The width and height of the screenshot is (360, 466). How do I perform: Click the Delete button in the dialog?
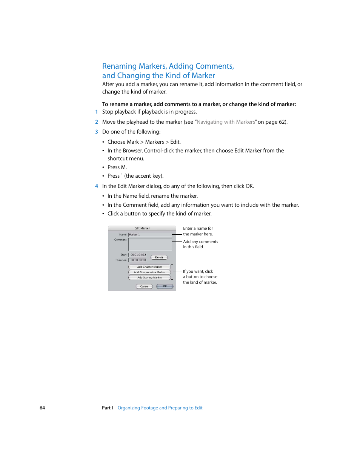159,257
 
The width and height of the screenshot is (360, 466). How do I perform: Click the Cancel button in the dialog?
144,286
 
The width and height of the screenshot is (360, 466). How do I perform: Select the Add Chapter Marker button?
149,267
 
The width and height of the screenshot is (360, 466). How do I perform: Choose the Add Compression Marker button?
149,272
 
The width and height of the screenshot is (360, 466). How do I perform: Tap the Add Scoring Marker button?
149,277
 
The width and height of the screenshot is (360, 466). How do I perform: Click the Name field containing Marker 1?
150,235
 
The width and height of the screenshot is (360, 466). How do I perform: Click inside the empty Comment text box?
150,245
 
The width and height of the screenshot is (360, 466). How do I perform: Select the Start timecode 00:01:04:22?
138,255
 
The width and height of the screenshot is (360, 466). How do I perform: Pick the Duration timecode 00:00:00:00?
138,260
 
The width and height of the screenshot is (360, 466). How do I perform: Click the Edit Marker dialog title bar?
142,228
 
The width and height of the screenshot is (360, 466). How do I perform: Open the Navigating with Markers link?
226,122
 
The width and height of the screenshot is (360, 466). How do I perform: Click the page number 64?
42,408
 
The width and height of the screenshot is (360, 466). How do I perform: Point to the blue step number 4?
97,186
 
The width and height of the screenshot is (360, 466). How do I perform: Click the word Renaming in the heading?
119,66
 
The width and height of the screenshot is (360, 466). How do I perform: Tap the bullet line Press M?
117,167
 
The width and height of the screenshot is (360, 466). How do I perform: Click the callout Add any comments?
200,241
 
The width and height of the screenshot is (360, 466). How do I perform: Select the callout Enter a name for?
198,228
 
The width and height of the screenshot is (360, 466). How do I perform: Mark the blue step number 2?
97,122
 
